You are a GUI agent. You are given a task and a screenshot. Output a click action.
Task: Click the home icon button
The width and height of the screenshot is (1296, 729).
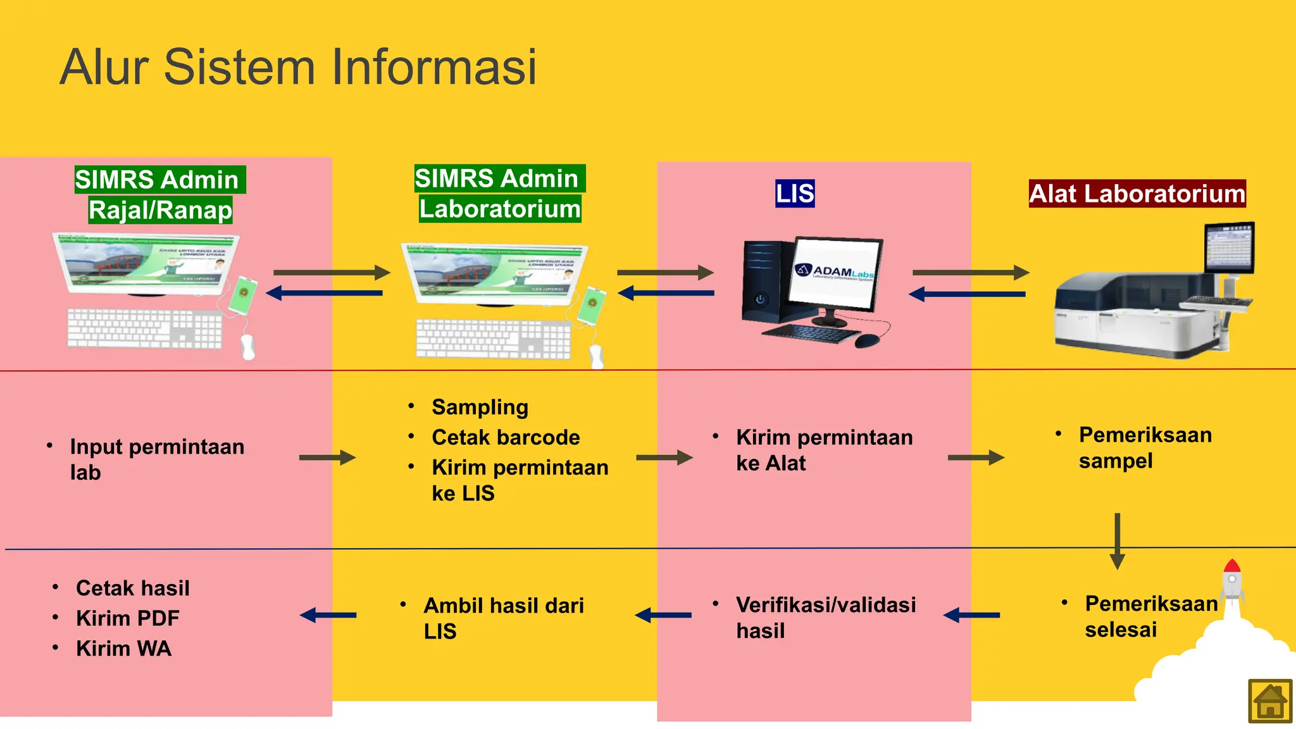pyautogui.click(x=1270, y=701)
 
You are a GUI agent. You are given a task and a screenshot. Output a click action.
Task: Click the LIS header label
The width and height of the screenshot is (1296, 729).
pyautogui.click(x=795, y=194)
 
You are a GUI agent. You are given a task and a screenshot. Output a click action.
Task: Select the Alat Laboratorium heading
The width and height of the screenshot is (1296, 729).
pyautogui.click(x=1137, y=194)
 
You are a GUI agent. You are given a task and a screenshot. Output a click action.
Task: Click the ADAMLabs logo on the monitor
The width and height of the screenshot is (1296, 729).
pyautogui.click(x=834, y=272)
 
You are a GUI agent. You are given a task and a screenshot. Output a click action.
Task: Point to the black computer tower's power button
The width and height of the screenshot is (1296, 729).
pyautogui.click(x=760, y=299)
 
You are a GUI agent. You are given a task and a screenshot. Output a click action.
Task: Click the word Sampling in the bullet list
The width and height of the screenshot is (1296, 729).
pyautogui.click(x=480, y=408)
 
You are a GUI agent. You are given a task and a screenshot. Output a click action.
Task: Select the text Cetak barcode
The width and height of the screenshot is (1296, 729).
pyautogui.click(x=506, y=437)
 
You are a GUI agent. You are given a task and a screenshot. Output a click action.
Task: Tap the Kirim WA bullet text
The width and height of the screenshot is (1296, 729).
pyautogui.click(x=123, y=649)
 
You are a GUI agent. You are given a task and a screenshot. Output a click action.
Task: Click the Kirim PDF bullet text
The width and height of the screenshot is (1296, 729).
pyautogui.click(x=127, y=618)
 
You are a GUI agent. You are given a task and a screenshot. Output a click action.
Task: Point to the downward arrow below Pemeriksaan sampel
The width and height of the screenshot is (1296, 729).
pyautogui.click(x=1118, y=541)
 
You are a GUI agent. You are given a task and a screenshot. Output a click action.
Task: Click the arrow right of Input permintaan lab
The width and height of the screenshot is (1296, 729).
pyautogui.click(x=327, y=457)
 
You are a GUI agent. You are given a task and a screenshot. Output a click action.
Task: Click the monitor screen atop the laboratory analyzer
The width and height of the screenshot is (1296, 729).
pyautogui.click(x=1229, y=247)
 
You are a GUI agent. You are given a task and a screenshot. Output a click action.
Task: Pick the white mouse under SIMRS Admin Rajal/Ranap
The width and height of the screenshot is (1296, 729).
pyautogui.click(x=247, y=347)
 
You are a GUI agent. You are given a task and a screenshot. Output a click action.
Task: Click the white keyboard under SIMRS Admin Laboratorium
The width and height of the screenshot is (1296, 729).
pyautogui.click(x=493, y=339)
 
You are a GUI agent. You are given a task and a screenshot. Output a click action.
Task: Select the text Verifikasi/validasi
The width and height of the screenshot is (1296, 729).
pyautogui.click(x=826, y=605)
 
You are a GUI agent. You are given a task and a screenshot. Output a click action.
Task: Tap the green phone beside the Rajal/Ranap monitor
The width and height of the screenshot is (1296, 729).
pyautogui.click(x=243, y=296)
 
